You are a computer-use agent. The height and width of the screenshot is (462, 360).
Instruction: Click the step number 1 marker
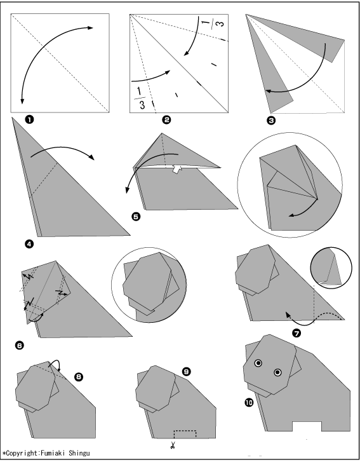[30, 119]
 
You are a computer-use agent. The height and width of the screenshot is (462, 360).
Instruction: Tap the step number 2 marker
[166, 119]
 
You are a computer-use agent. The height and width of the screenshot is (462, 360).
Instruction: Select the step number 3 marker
[271, 120]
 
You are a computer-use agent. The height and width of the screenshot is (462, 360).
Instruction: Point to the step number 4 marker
[30, 244]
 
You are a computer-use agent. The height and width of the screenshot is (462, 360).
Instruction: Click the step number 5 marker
[136, 217]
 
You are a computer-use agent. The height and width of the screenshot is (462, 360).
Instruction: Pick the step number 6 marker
[20, 345]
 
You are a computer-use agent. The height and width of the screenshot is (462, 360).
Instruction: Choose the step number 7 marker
[297, 333]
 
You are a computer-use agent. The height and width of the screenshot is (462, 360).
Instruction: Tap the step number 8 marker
[79, 377]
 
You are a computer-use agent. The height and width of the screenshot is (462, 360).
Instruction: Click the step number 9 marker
[187, 372]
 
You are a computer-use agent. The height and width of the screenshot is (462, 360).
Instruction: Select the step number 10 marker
[249, 402]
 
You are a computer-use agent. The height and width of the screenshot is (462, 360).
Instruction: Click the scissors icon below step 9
[173, 445]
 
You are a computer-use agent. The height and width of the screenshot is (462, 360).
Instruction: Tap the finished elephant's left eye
[258, 363]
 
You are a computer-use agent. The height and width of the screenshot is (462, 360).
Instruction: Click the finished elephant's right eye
[277, 373]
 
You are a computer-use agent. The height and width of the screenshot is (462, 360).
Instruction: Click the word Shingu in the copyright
[79, 453]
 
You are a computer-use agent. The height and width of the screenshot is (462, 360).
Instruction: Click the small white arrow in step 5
[176, 169]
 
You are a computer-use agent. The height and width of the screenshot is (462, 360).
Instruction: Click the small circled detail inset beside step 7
[331, 268]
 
